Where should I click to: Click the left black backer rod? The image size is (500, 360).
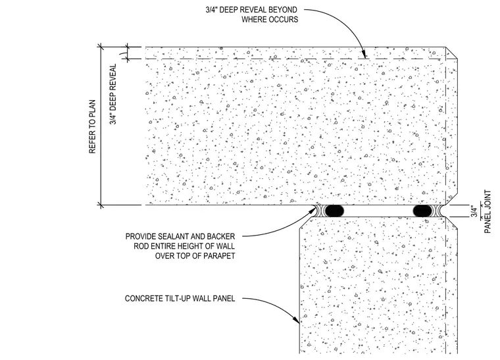(334, 211)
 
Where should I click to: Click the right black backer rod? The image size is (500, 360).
(422, 211)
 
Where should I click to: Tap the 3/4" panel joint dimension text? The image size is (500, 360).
(474, 212)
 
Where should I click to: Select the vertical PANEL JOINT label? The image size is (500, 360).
(488, 212)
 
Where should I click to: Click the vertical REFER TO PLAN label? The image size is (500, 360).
(93, 126)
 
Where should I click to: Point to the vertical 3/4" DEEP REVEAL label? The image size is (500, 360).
(113, 94)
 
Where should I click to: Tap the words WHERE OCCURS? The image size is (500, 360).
(270, 20)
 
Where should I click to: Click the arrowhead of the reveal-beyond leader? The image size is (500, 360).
(364, 55)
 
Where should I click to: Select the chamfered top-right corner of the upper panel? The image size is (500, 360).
(451, 53)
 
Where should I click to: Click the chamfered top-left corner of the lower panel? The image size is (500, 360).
(306, 222)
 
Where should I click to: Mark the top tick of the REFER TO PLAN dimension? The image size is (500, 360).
(101, 47)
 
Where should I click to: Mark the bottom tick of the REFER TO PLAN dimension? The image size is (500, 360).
(101, 205)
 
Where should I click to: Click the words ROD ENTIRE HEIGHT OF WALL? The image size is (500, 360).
(184, 247)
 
